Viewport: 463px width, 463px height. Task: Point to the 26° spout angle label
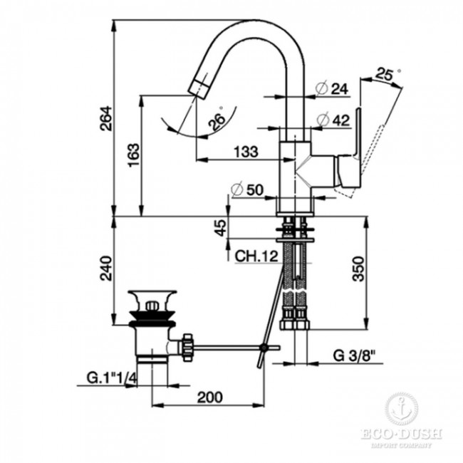click(x=216, y=120)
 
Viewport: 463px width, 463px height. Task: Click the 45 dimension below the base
click(x=221, y=227)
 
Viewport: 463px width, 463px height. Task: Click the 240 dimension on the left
click(x=105, y=269)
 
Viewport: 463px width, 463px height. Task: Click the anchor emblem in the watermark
click(x=402, y=410)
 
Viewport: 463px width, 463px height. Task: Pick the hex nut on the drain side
click(x=187, y=347)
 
